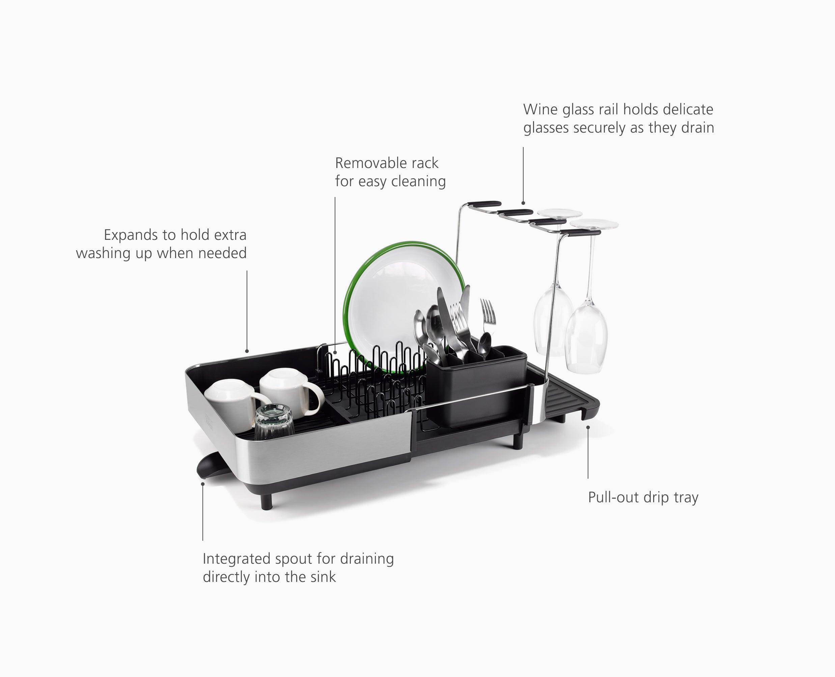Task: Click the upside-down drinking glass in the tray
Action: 274,423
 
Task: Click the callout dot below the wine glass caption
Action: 523,203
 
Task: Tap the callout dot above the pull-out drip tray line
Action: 588,427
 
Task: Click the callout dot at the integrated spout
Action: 203,484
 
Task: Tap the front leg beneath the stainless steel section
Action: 267,501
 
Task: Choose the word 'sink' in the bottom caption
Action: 323,577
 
